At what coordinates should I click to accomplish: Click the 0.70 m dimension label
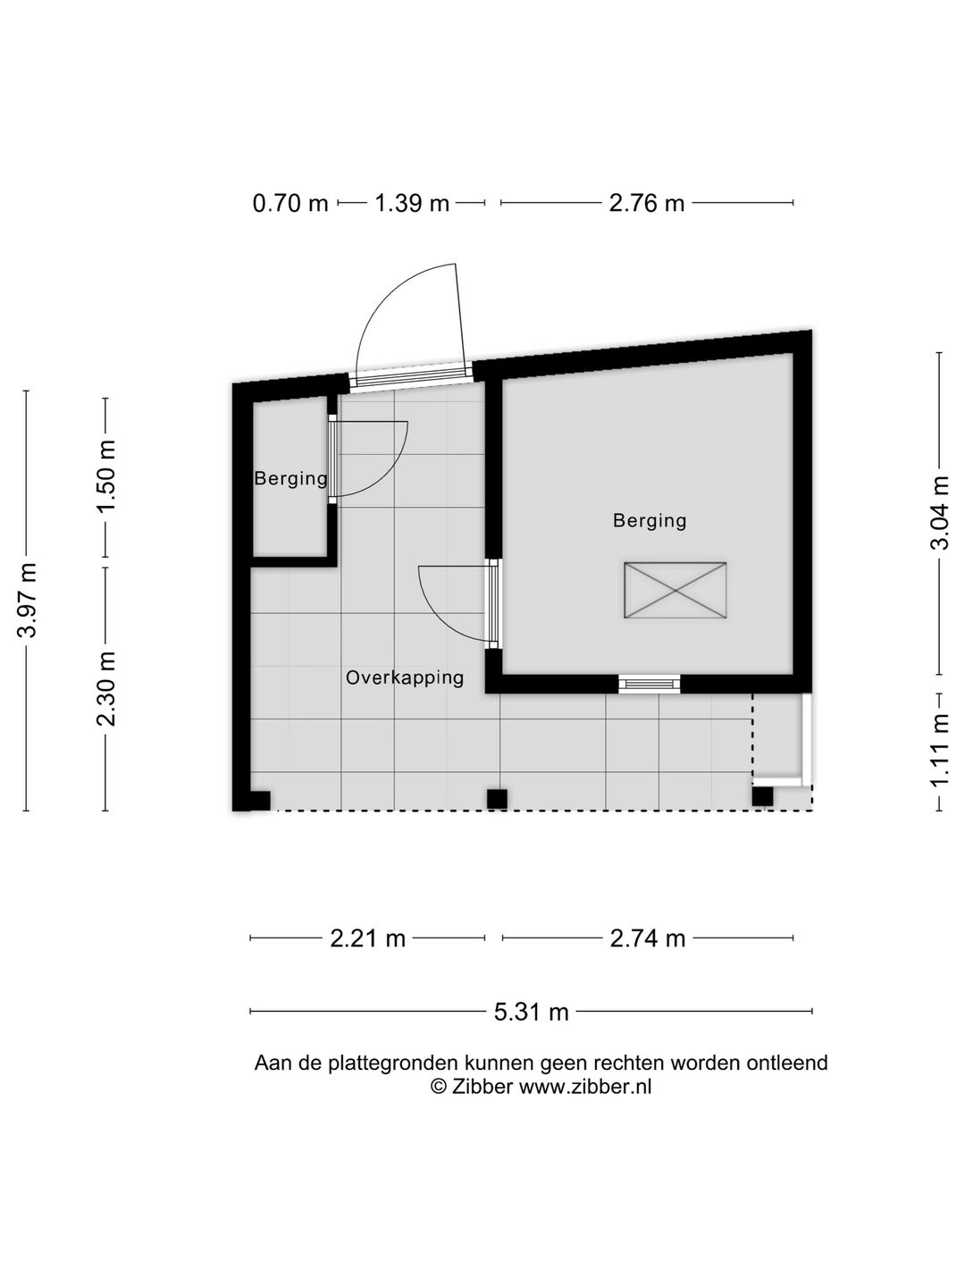click(290, 204)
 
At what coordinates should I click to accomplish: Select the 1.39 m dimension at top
click(412, 204)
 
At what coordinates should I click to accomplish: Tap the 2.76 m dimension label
click(647, 204)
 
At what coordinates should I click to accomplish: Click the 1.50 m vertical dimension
click(107, 476)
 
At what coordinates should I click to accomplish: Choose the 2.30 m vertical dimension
click(107, 689)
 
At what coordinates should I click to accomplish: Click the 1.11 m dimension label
click(939, 751)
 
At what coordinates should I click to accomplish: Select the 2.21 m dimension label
click(368, 938)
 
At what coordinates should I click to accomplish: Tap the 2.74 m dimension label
click(648, 938)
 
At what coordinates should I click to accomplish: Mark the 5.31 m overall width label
click(532, 1012)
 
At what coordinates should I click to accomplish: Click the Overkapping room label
click(405, 677)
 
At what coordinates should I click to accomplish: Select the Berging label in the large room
click(650, 520)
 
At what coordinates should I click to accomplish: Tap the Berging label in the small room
click(290, 478)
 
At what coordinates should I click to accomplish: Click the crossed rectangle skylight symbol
click(675, 590)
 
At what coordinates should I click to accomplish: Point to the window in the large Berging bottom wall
click(650, 685)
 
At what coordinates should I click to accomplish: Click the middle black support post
click(497, 798)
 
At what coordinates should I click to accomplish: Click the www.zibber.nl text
click(585, 1087)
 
